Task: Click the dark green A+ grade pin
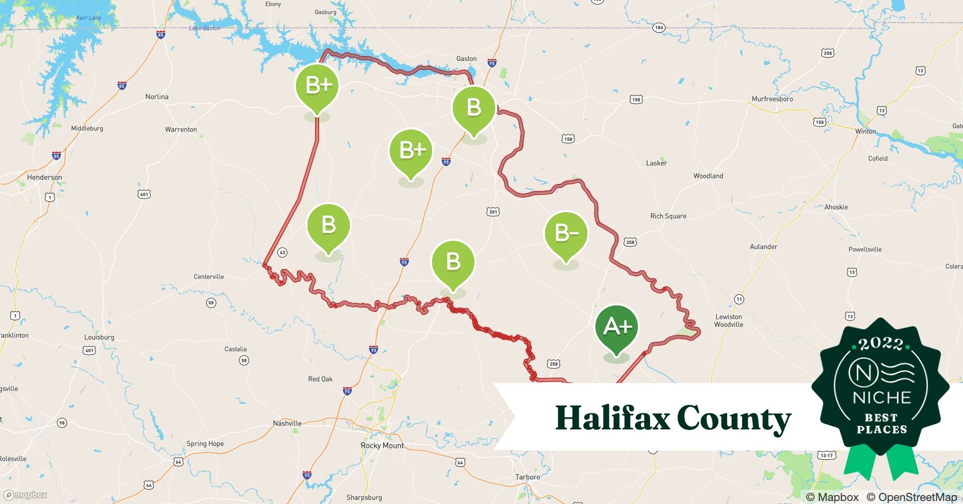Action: tap(617, 327)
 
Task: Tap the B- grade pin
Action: tap(566, 233)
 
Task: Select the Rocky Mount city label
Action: tap(382, 446)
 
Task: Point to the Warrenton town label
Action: tap(180, 130)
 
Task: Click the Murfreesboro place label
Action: tap(772, 99)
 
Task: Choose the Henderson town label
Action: tap(44, 177)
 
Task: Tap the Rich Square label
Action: tap(668, 216)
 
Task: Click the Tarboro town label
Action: tap(527, 477)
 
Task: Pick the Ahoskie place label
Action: tap(836, 207)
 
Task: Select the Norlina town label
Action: tap(157, 97)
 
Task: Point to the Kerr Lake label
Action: tap(88, 18)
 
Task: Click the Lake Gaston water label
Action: tap(205, 28)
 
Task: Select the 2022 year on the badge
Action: tap(881, 344)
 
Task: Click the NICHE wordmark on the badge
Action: tap(882, 398)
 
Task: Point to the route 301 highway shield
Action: tap(493, 212)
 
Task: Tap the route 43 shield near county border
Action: tap(282, 253)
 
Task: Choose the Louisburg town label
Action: tap(99, 337)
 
